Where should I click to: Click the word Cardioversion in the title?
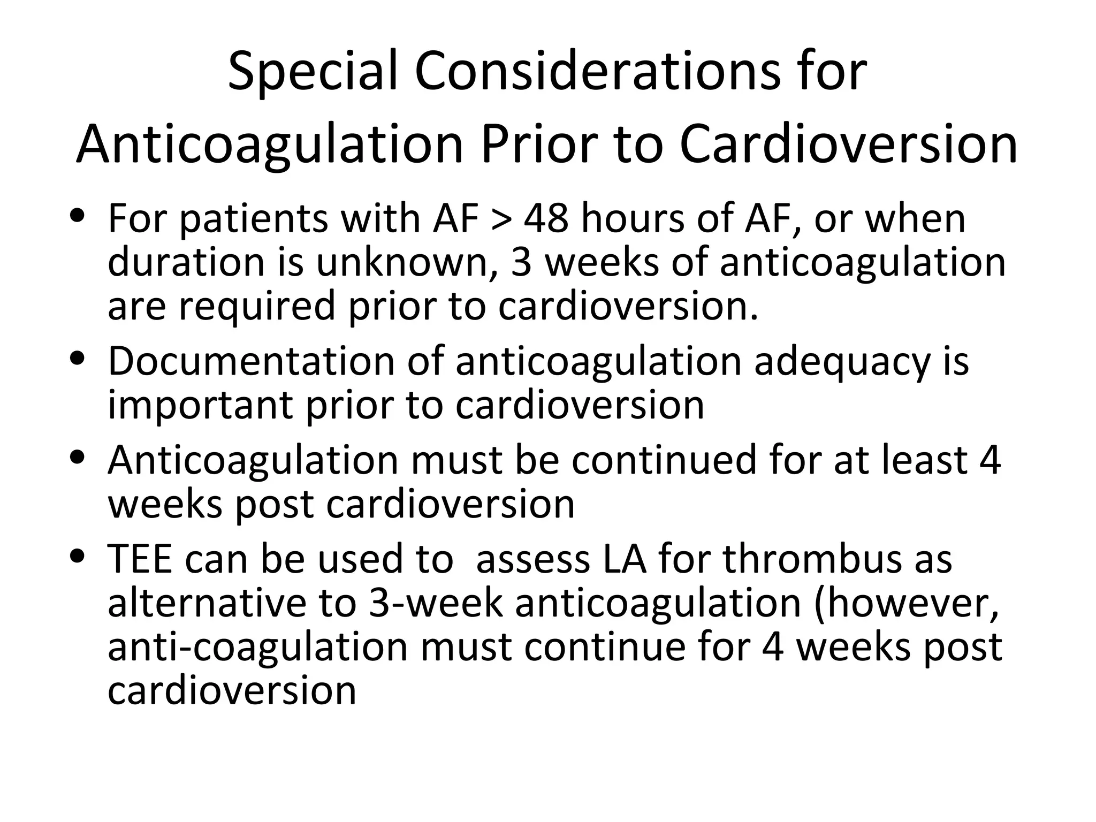[848, 144]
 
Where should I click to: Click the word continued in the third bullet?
[664, 460]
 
